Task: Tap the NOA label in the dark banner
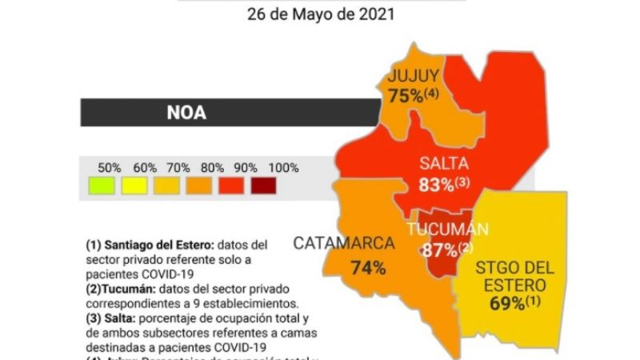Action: (x=186, y=112)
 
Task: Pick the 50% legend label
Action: (x=110, y=168)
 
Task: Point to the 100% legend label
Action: (x=283, y=168)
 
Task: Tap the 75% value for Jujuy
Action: (x=406, y=96)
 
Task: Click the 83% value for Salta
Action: (x=436, y=185)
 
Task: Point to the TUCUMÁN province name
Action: (x=447, y=230)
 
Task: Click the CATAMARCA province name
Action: (x=345, y=243)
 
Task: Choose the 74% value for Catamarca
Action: (x=368, y=268)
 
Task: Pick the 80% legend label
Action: (x=213, y=168)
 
